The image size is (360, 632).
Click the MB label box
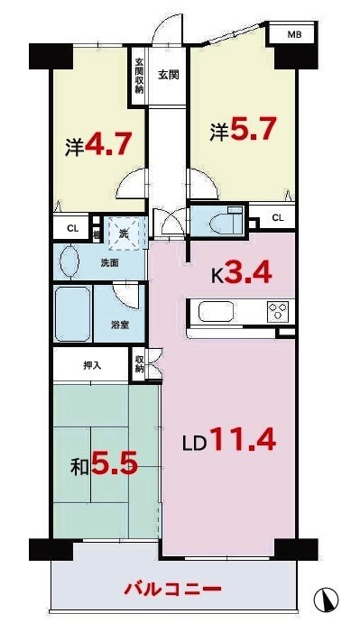point(294,35)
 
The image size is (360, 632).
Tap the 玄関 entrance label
point(167,75)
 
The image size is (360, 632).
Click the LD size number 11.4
point(241,442)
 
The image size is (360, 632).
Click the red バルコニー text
point(171,590)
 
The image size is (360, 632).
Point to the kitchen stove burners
point(276,313)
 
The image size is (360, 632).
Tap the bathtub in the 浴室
point(73,316)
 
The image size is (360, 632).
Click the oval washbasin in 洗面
point(68,262)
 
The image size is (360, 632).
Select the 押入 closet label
point(92,366)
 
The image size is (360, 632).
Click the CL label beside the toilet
point(277,217)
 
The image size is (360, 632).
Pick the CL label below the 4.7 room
point(71,230)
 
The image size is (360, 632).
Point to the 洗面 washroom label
point(110,264)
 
